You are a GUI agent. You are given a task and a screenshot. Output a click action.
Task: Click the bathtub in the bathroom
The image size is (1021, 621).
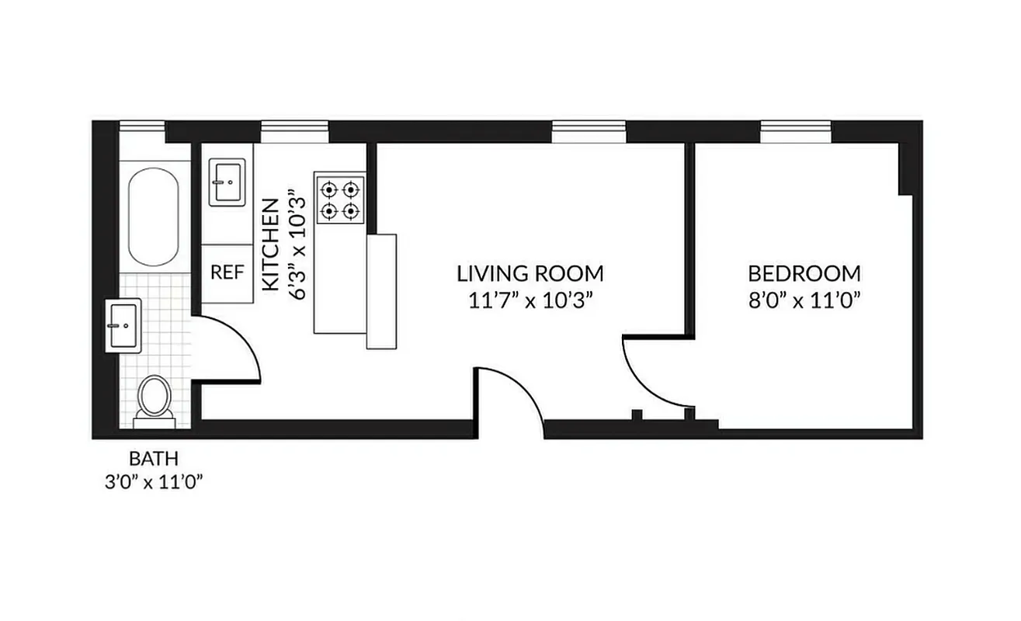coord(153,217)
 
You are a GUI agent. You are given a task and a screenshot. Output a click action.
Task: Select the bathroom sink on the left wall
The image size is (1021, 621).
coord(123,325)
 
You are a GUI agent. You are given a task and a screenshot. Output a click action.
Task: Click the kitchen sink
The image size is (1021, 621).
coord(227,182)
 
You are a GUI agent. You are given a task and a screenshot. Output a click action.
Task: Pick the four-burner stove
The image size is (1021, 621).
coord(339,199)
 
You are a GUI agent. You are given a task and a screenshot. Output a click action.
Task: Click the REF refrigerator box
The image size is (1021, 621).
coord(227,273)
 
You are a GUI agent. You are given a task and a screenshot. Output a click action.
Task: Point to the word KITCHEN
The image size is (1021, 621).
coord(270,245)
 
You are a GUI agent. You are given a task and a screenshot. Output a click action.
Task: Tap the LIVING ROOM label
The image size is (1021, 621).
coord(530,273)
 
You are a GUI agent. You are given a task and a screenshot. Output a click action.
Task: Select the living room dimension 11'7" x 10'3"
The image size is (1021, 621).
coord(530,300)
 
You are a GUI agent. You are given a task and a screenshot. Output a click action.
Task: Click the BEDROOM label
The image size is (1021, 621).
coord(804,273)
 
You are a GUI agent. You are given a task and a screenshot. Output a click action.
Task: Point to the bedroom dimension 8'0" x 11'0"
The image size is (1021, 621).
coord(804,300)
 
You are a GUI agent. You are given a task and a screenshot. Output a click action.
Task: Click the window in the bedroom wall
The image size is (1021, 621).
coord(795,132)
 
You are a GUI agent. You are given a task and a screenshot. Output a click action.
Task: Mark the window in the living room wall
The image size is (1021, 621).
coord(589,132)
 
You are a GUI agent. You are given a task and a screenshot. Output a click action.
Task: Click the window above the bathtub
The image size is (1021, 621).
coord(142,132)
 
